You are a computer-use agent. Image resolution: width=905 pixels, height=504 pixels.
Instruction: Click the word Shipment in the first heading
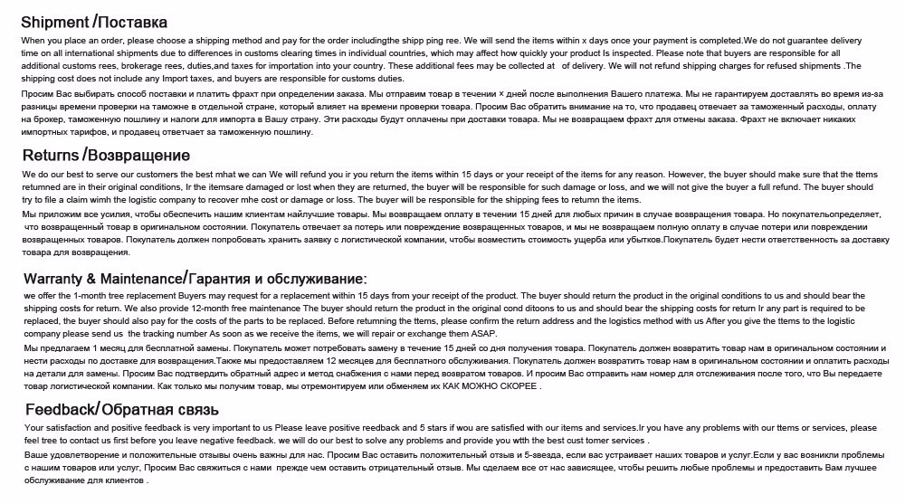[53, 21]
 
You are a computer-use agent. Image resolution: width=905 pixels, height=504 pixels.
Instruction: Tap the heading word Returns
[51, 155]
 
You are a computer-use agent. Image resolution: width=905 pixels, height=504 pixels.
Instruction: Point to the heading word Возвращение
[138, 155]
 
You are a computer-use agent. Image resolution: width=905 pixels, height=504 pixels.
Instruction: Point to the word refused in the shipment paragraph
[777, 66]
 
